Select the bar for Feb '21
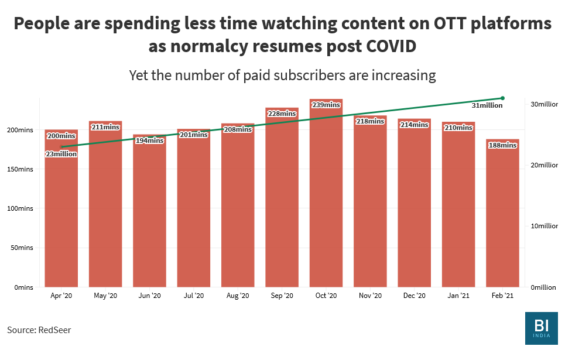pos(502,217)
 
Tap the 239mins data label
pos(326,105)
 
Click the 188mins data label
pos(502,145)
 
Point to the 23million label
pos(61,154)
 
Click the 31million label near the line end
pos(487,105)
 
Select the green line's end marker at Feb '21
pos(502,98)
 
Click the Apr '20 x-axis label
pos(61,296)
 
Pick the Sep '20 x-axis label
pos(282,296)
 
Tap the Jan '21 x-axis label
pos(458,296)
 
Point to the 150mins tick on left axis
pos(21,169)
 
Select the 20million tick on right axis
pos(544,165)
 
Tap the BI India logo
pos(541,328)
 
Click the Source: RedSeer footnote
pos(39,330)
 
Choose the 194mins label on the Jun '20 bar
pos(149,140)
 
